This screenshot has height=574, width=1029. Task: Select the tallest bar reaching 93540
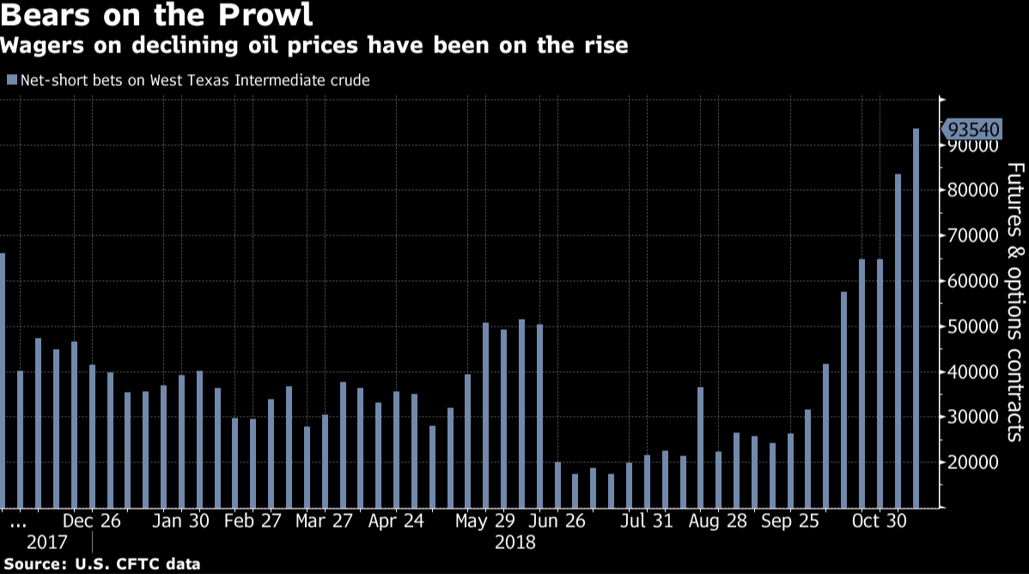(x=916, y=318)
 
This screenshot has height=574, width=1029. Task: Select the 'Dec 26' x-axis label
(x=92, y=521)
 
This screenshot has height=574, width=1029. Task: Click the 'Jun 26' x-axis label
(x=557, y=521)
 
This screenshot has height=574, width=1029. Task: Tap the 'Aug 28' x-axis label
(x=701, y=521)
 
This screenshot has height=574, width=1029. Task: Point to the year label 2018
(x=515, y=543)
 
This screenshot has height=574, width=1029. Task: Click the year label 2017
(x=46, y=543)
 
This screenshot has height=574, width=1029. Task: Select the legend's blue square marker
(x=11, y=80)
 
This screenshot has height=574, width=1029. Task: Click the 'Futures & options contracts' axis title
(x=1014, y=301)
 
